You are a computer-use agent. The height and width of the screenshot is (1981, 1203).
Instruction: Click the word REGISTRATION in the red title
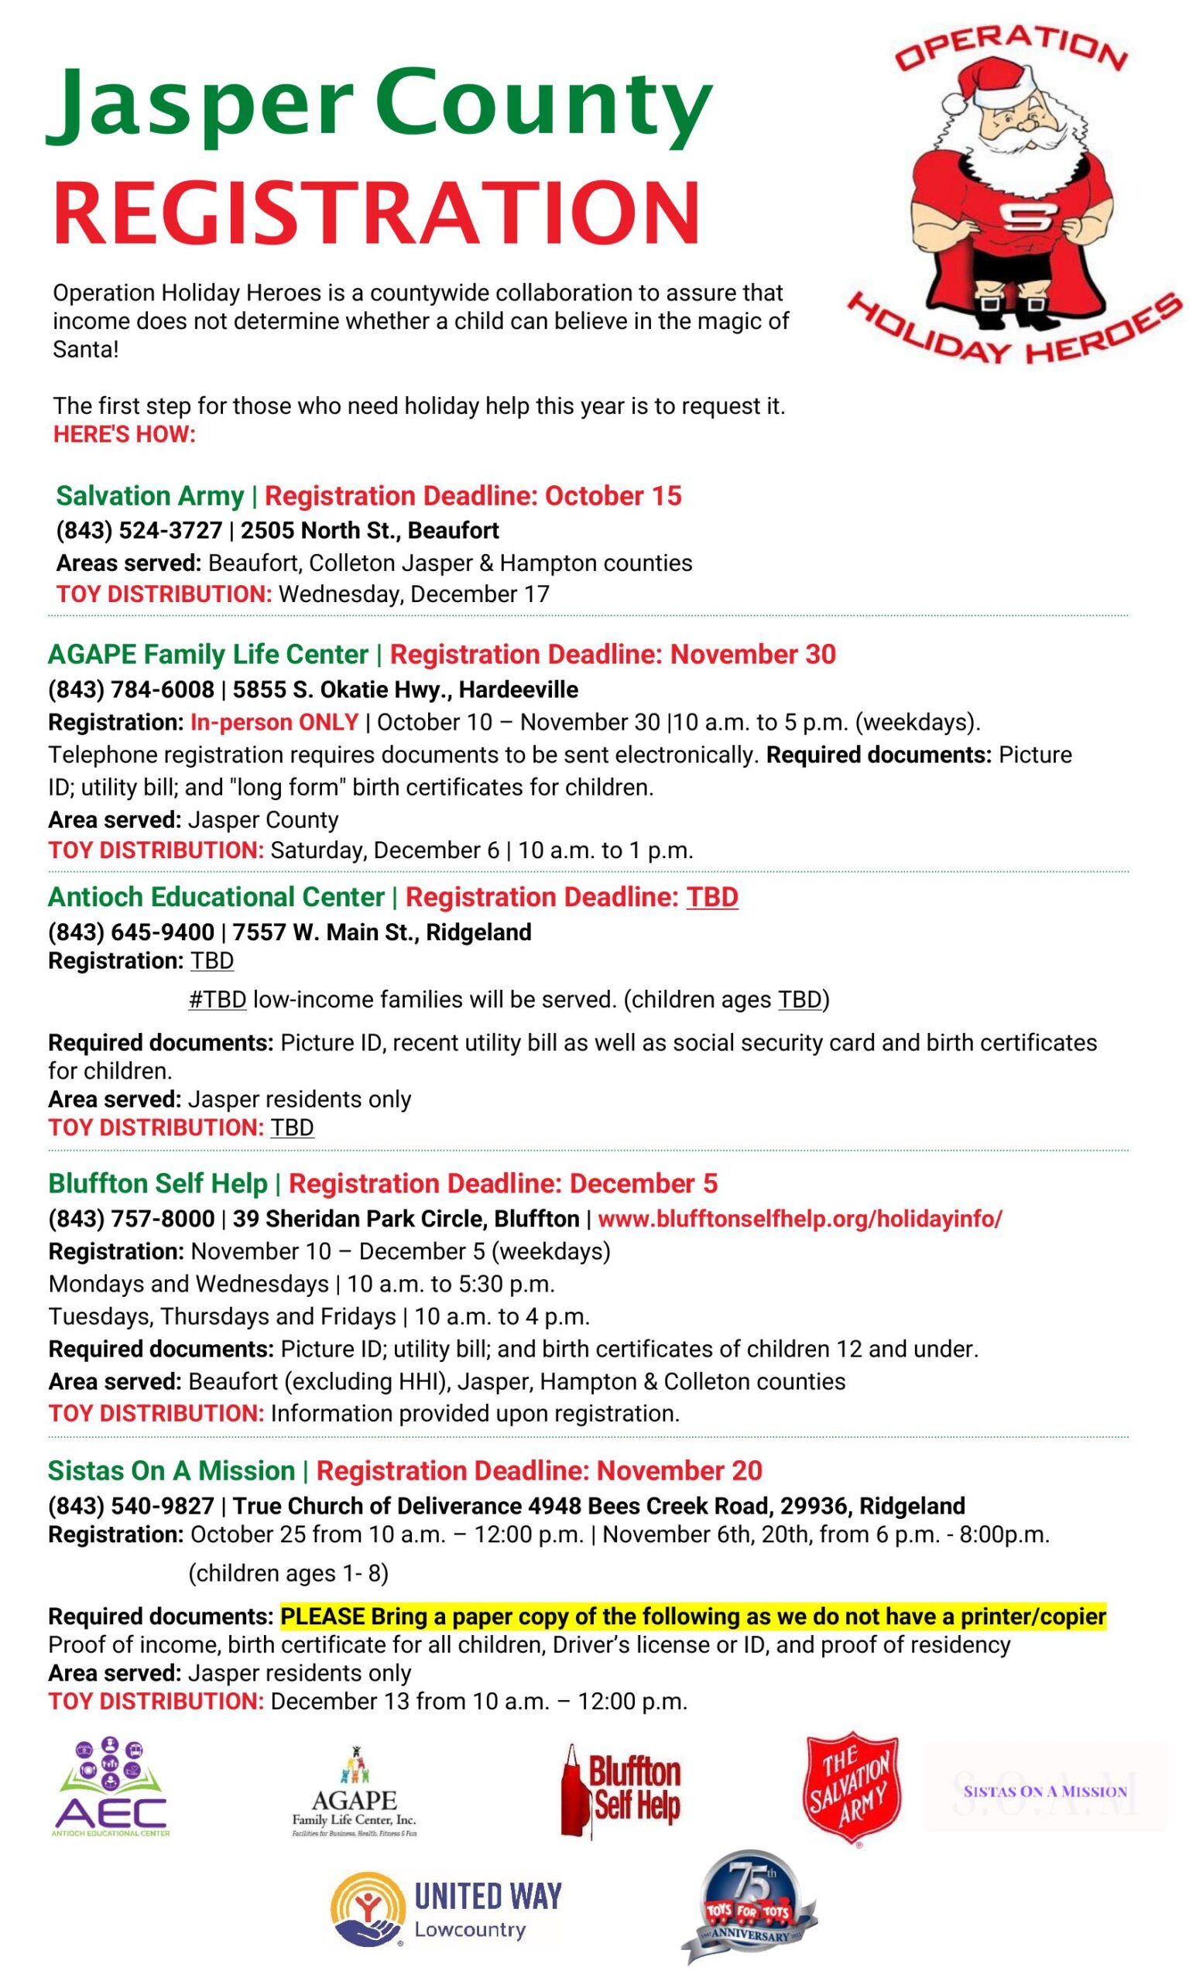376,213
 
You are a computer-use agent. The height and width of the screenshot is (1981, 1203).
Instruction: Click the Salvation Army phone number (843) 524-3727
139,531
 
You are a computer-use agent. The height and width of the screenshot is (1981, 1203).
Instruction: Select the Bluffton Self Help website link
800,1219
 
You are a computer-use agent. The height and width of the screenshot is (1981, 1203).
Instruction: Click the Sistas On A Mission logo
1044,1791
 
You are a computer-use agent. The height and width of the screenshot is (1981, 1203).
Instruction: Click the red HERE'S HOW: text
125,435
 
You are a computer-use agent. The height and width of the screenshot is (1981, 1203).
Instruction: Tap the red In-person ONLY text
274,722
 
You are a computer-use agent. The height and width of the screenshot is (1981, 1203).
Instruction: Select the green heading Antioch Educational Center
216,896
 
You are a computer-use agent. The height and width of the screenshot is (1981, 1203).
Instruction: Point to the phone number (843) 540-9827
131,1505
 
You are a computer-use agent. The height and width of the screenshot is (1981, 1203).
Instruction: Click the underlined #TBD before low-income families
217,999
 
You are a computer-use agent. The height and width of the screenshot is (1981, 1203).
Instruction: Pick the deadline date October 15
614,495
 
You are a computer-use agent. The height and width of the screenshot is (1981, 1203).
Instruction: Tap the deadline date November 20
680,1470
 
